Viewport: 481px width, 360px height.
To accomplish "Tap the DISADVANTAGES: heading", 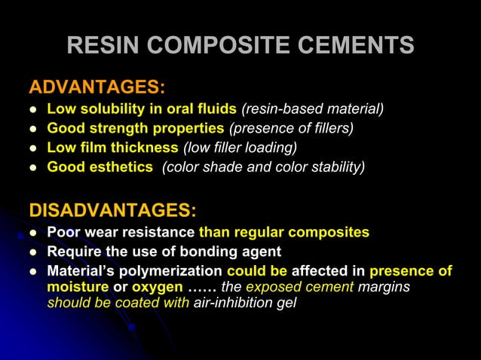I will point(112,209).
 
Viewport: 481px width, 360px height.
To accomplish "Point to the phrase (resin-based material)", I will point(312,109).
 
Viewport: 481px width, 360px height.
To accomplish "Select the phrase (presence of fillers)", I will point(291,129).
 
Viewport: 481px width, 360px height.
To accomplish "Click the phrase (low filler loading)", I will point(240,148).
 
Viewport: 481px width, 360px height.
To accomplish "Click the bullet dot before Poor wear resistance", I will point(32,233).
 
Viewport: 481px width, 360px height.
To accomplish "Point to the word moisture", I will point(78,287).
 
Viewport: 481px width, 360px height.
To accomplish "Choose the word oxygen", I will point(157,288).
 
